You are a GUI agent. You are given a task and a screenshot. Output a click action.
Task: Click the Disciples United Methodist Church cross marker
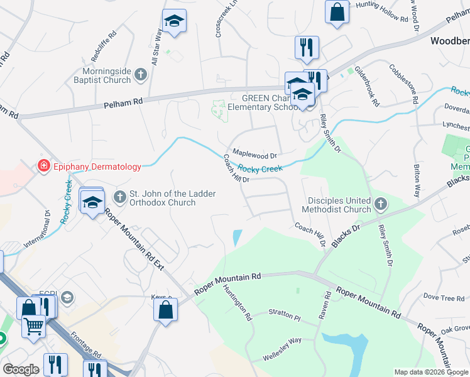[380, 204]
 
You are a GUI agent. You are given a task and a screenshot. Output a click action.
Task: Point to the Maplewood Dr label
[254, 153]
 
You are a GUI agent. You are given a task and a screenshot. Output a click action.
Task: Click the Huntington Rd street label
[238, 303]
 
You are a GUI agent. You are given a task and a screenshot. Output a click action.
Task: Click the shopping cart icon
[34, 325]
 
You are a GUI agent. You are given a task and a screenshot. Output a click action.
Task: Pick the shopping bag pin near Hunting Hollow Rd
[337, 11]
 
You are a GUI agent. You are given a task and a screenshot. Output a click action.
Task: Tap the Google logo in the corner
[21, 370]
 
